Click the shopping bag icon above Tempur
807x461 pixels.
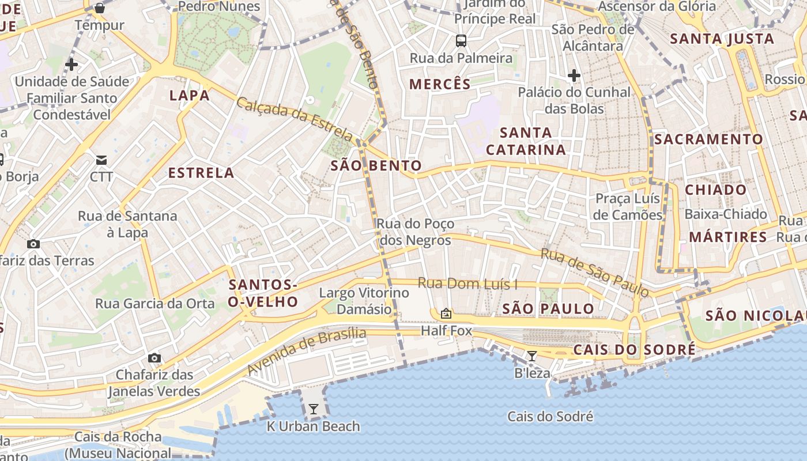coord(99,8)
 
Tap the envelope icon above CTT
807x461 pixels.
coord(101,160)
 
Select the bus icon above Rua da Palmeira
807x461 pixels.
coord(461,41)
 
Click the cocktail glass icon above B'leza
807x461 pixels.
coord(532,356)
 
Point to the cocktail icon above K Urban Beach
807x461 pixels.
coord(313,409)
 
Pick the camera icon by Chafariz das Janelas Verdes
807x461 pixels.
coord(154,358)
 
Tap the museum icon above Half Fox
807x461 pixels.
coord(446,313)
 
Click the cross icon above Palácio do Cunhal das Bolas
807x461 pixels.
coord(574,75)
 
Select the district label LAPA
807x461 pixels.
coord(189,96)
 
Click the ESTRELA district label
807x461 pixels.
coord(201,173)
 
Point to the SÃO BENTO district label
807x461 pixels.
coord(376,166)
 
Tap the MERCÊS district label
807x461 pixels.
coord(440,84)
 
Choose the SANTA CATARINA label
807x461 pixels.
coord(526,141)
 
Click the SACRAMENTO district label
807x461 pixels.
coord(708,139)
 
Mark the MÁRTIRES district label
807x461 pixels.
coord(728,237)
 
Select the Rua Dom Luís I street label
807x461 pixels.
coord(467,284)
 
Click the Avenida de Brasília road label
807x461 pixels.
coord(307,351)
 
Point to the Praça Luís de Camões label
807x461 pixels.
coord(628,207)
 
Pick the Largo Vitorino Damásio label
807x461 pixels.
coord(364,301)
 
